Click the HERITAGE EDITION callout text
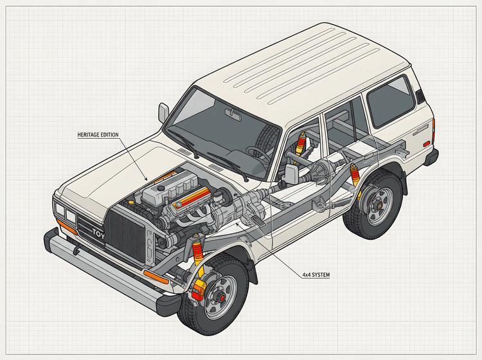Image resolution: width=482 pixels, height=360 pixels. click(98, 134)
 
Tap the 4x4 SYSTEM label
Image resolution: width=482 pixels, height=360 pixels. click(316, 274)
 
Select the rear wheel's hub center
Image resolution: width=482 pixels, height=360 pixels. click(375, 206)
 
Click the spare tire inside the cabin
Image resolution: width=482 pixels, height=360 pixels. click(269, 138)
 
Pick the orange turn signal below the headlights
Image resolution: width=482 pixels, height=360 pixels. click(66, 227)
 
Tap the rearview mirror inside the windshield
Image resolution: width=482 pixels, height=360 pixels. click(233, 114)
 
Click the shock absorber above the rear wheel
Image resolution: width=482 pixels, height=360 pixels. click(354, 175)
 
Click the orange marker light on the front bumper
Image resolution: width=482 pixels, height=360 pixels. click(156, 276)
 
